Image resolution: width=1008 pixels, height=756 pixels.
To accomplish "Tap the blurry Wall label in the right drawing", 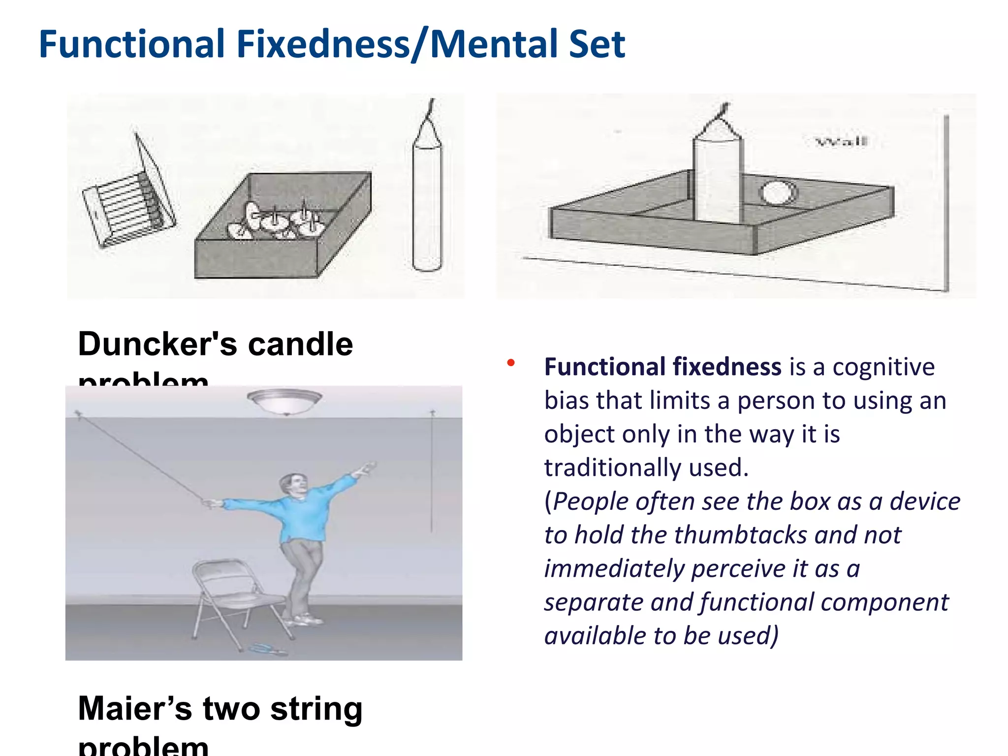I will tap(842, 142).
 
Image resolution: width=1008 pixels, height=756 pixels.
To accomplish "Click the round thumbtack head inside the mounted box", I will tap(779, 193).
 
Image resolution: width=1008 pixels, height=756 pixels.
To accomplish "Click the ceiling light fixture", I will tap(284, 401).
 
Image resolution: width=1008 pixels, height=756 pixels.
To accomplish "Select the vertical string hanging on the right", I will tap(432, 472).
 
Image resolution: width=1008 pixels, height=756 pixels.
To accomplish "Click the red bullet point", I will tap(511, 363).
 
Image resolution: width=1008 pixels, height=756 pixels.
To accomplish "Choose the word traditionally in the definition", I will tap(612, 468).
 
